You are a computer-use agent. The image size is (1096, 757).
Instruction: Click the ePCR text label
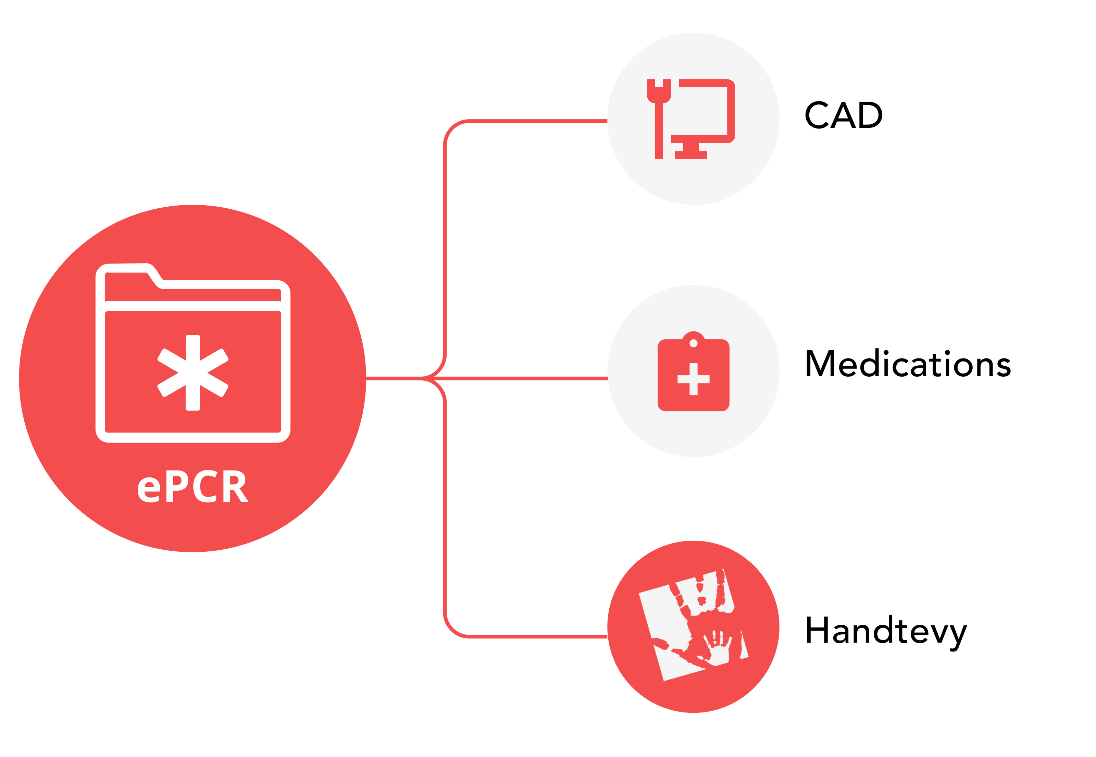coord(192,487)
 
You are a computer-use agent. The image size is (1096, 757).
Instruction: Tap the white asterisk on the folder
coord(193,373)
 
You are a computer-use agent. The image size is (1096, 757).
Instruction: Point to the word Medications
coord(908,364)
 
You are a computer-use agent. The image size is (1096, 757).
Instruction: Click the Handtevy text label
coord(885,631)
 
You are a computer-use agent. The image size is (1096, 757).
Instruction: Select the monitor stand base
coord(691,154)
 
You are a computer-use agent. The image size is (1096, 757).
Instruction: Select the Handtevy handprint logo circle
coord(693,626)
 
